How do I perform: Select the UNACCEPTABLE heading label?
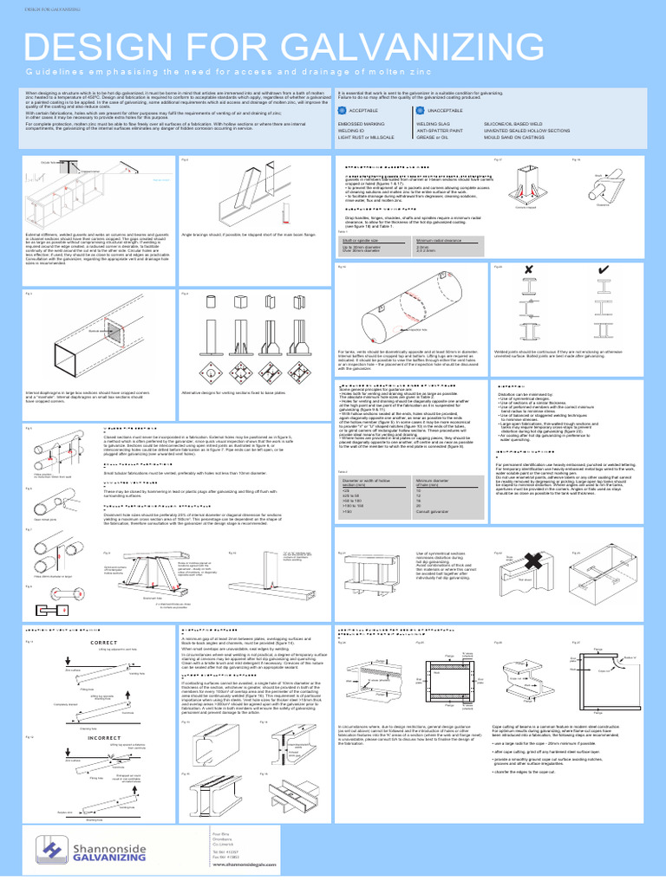(469, 111)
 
